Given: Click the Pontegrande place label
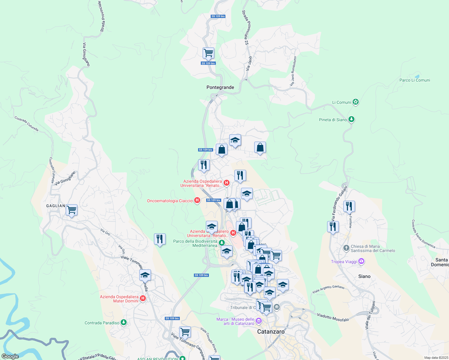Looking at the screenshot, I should coord(220,87).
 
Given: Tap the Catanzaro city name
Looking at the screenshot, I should coord(271,331).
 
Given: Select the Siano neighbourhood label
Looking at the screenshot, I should coord(364,276).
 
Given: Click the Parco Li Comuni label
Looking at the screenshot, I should coord(414,80).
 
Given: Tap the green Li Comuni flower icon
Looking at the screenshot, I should coord(356,102).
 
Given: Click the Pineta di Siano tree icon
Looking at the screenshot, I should coord(351,119).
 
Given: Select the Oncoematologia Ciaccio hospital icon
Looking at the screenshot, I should coord(197,200).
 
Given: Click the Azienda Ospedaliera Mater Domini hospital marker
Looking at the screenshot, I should coord(143,298).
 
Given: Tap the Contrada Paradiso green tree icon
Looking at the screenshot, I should coord(123,322).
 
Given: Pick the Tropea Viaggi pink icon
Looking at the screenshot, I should coord(361,261).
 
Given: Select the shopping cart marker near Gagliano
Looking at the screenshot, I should coord(72,210).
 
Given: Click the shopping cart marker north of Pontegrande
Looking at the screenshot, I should coord(208,53).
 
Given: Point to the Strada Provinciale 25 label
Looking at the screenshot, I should coord(246,28).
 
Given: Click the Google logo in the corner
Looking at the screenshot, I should coord(10,356).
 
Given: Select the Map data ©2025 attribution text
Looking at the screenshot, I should coord(436,358).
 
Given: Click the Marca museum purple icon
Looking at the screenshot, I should coord(258,321).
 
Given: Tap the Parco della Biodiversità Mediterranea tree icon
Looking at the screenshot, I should coord(221,242).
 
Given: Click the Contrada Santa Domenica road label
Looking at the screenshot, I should coord(423,234).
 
